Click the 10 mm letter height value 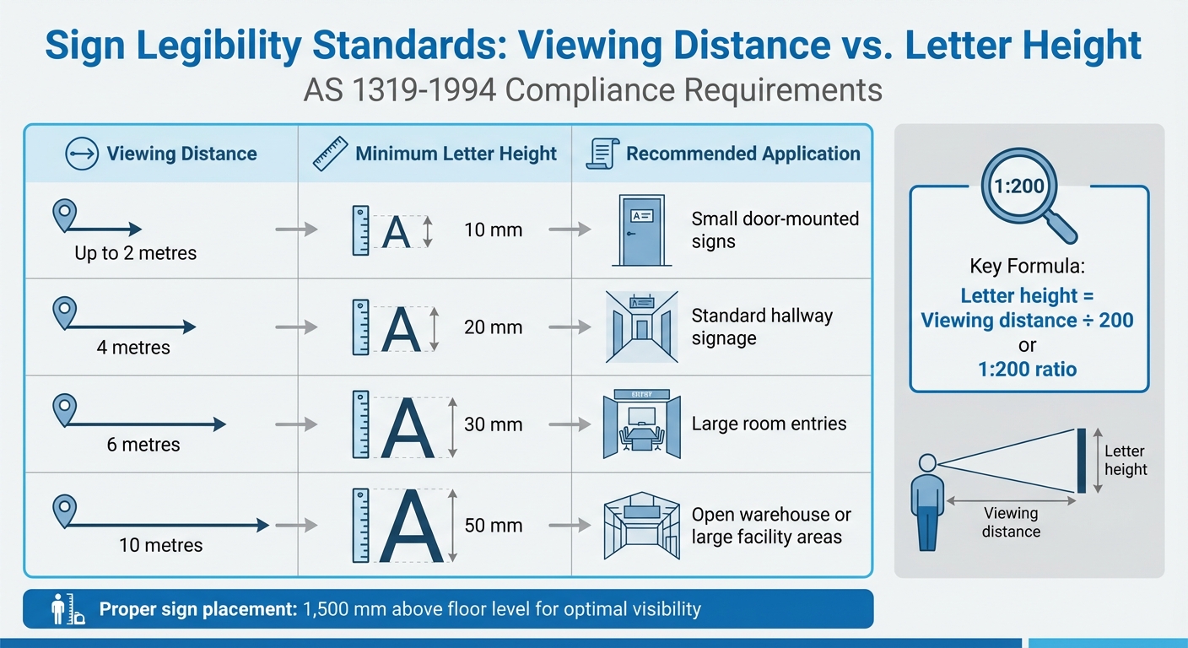493,229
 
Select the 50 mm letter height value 493,525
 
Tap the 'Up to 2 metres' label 135,252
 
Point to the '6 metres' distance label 143,445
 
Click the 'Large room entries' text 769,424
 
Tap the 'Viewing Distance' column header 181,154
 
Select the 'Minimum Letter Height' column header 456,154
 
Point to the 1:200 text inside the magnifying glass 1020,186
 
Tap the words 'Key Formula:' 1027,267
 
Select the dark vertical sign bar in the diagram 1081,461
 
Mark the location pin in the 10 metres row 64,510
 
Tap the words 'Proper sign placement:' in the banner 197,609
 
